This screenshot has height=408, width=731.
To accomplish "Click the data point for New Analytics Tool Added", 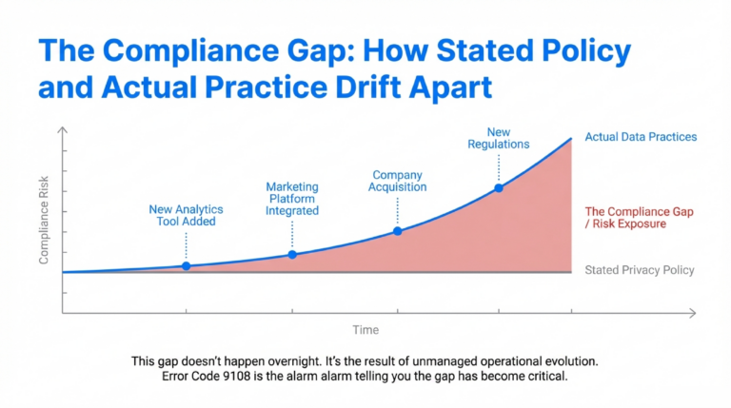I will [186, 265].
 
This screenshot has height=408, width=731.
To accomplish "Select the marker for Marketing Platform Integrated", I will [292, 254].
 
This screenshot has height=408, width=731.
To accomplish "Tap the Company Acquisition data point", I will [398, 231].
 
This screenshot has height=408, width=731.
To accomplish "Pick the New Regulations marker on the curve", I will [498, 188].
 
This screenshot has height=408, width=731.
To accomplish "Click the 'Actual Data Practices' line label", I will [641, 137].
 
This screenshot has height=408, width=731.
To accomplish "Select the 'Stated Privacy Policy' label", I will [639, 270].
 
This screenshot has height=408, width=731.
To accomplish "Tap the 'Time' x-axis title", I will [365, 330].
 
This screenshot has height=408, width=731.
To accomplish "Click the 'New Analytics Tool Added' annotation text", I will [186, 215].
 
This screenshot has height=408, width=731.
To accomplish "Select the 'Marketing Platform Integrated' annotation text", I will [292, 199].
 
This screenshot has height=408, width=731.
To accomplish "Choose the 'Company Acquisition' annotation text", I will [399, 181].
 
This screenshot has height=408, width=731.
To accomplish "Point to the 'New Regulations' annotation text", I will [498, 138].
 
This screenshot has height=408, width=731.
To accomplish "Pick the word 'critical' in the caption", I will [543, 378].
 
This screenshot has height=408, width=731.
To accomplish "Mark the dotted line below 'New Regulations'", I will [498, 168].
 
